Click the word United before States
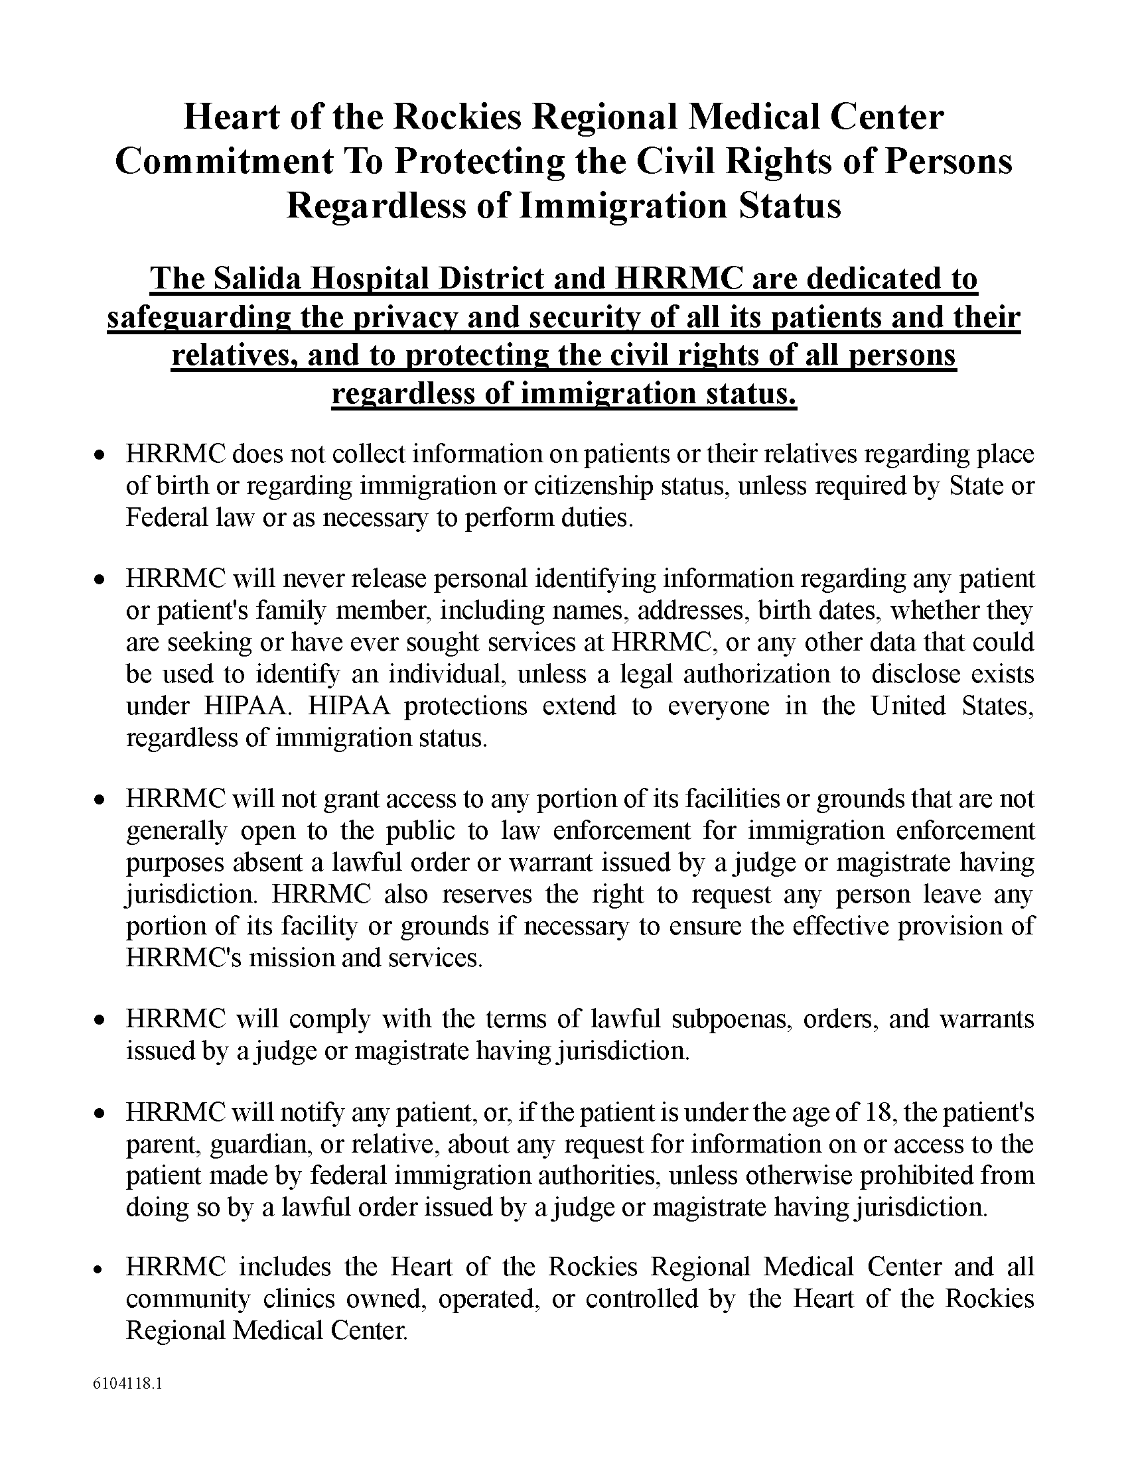pos(908,706)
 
